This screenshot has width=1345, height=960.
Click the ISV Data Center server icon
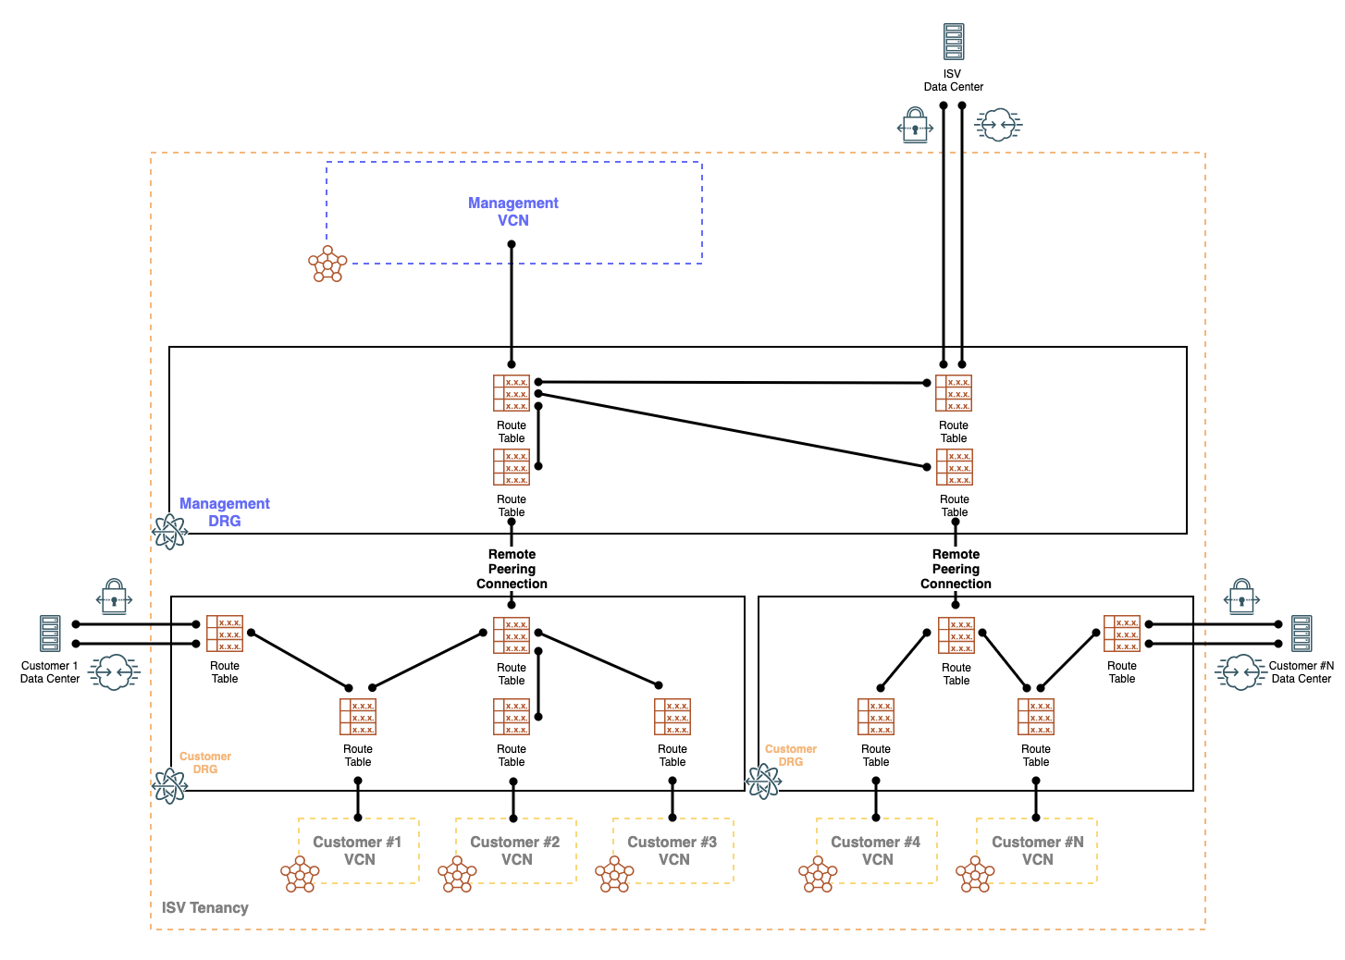point(954,42)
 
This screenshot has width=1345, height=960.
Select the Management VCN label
point(513,212)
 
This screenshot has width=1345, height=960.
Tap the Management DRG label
point(225,512)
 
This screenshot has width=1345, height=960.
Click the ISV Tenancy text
point(204,907)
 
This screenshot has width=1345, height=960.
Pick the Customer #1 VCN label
point(358,851)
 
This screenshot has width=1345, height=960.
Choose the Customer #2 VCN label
point(515,851)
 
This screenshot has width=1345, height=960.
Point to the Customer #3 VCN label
point(672,851)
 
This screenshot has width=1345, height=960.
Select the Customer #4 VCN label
point(876,851)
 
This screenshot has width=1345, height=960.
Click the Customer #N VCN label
point(1037,851)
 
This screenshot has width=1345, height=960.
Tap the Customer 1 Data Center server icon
point(50,634)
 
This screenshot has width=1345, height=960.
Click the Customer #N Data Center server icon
point(1302,634)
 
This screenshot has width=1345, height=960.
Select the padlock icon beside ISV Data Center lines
point(915,125)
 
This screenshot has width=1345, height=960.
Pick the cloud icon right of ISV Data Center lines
point(998,125)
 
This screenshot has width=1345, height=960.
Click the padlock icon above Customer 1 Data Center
point(114,597)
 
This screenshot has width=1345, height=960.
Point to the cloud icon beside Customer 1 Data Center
point(114,671)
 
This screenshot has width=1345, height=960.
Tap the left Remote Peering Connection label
point(512,569)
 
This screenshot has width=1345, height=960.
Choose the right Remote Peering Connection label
point(956,569)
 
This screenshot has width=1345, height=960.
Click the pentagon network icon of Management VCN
point(327,264)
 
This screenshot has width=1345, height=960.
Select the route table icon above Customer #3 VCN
point(672,717)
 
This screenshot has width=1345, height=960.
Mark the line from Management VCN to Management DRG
point(512,305)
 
